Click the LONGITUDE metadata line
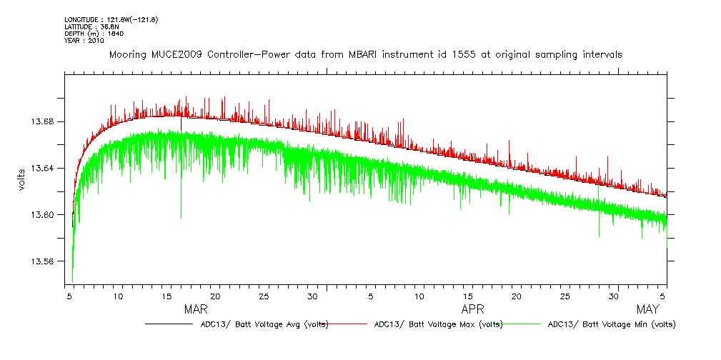tap(111, 19)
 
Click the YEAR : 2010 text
tap(84, 41)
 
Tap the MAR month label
tap(196, 309)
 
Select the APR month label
tap(473, 309)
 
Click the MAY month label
tap(647, 309)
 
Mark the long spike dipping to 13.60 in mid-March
tap(181, 207)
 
